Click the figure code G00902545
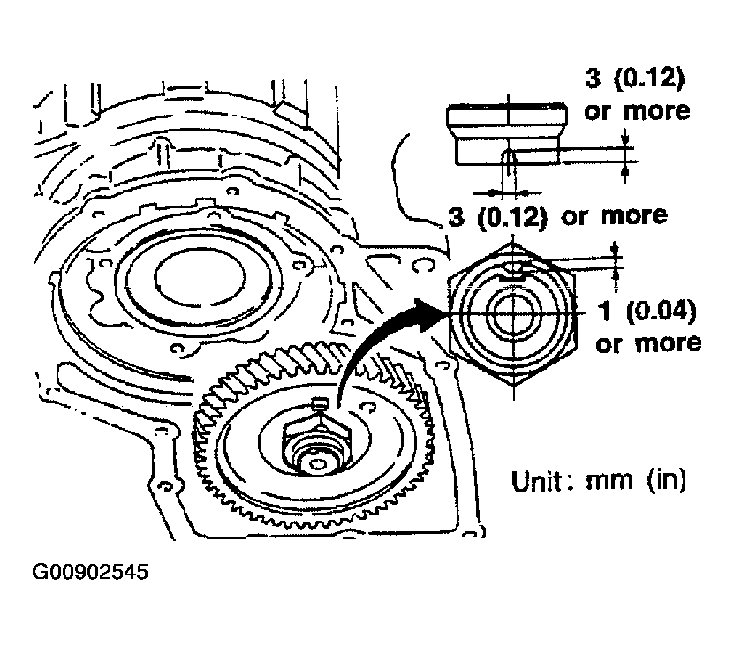(x=90, y=572)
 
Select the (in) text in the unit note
(x=667, y=481)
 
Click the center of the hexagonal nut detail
(x=513, y=313)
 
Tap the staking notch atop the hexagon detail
(x=513, y=270)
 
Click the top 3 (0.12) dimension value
(x=635, y=79)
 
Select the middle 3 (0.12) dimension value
(x=497, y=217)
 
